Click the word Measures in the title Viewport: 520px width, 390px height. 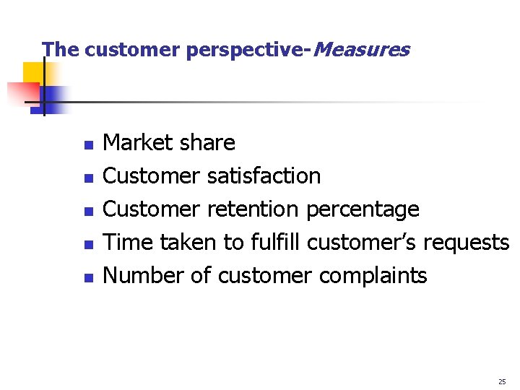click(x=362, y=50)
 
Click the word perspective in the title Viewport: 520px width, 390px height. click(x=245, y=51)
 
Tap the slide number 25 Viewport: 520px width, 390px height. click(x=502, y=381)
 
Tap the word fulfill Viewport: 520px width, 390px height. click(x=276, y=242)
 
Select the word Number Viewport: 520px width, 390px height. click(x=144, y=275)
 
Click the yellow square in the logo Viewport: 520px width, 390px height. click(x=33, y=72)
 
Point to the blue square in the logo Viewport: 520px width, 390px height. click(x=54, y=97)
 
